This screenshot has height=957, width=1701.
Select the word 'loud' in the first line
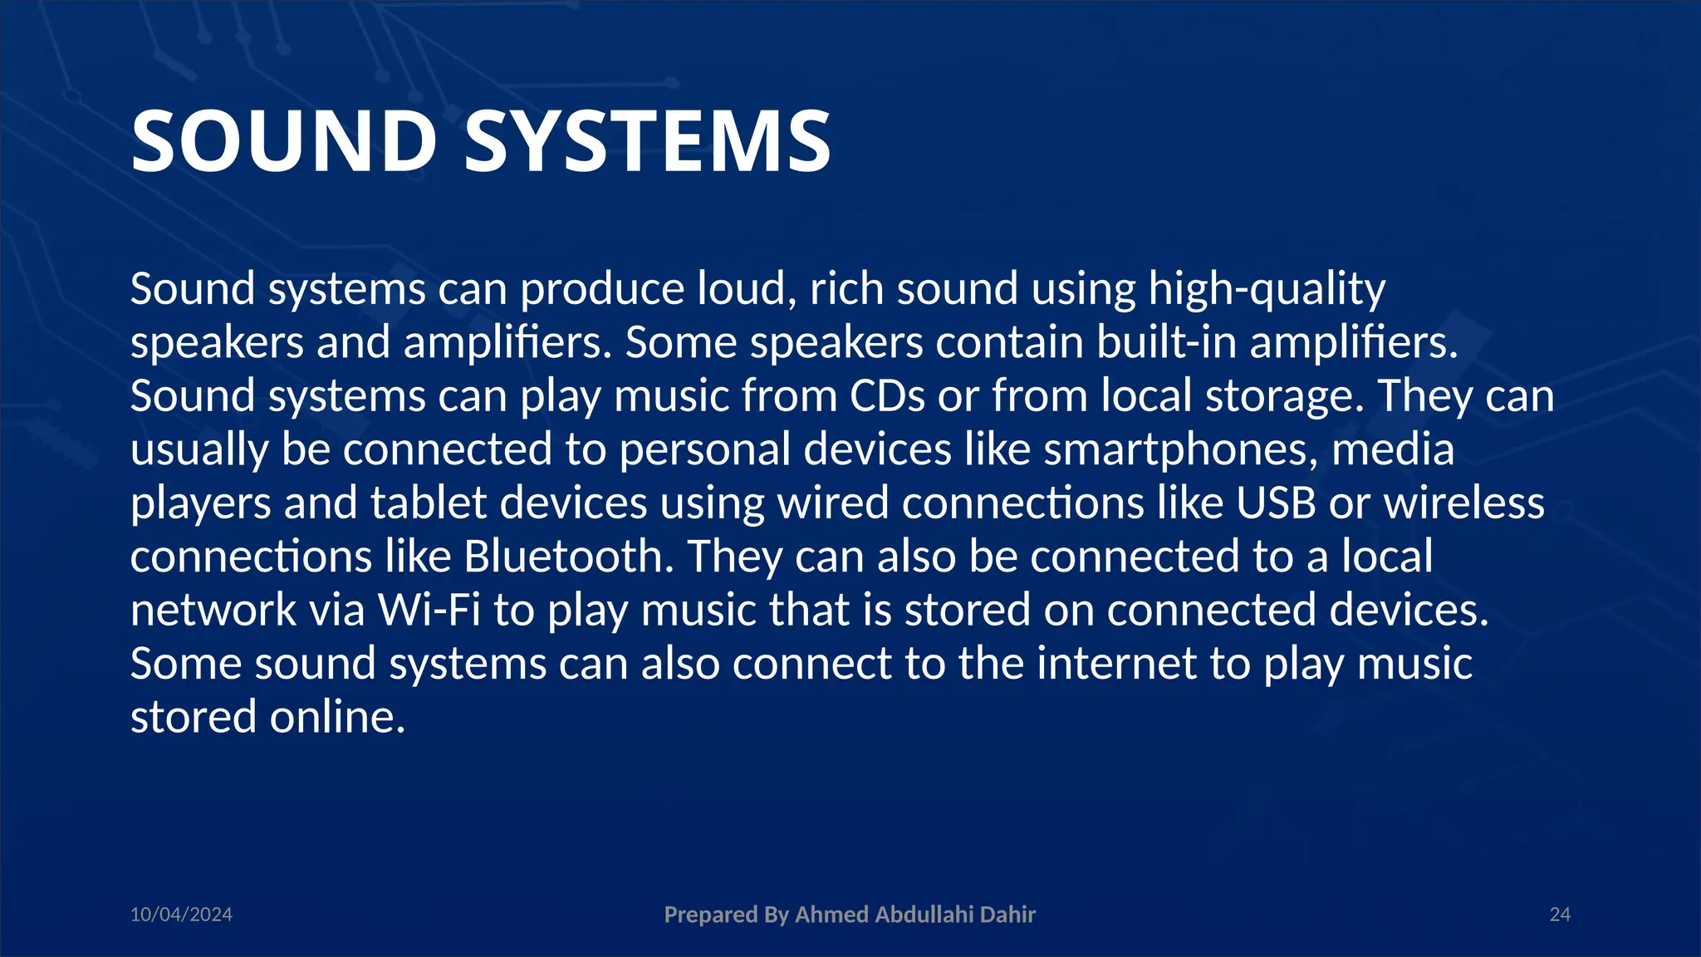click(747, 290)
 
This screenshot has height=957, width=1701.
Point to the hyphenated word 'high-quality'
click(1267, 290)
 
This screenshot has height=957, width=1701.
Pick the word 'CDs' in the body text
click(887, 395)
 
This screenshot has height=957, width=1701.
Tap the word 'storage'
click(1284, 397)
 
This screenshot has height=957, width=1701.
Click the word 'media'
click(1393, 449)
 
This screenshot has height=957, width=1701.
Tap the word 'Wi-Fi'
click(429, 610)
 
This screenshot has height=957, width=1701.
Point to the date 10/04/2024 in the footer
click(181, 915)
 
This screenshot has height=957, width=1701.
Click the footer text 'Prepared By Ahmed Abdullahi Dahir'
click(850, 915)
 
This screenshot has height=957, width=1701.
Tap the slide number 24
click(1560, 915)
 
